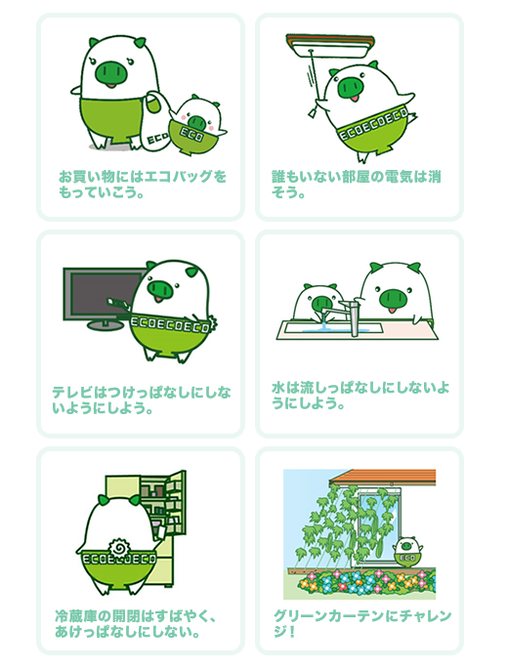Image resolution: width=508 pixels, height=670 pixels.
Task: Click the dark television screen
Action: coord(105,294)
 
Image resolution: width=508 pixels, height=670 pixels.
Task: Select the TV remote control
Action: coord(118,304)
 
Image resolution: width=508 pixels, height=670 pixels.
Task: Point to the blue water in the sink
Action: coord(323,328)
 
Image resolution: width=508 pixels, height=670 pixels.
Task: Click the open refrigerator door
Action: coord(176,502)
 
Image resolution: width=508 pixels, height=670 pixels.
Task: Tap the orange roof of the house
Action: coord(383,477)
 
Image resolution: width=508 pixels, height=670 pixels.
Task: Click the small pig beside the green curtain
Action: coord(407,551)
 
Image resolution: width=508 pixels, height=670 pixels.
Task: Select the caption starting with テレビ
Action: coord(142,400)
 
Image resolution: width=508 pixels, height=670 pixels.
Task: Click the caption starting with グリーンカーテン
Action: coord(362,623)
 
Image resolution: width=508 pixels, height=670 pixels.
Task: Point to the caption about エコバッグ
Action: coord(143,185)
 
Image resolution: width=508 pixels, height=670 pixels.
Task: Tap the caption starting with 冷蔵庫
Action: coord(135,623)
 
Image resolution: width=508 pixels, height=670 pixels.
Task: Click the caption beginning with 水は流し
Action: coord(360,396)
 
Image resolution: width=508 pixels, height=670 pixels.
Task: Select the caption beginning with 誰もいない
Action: coord(357,185)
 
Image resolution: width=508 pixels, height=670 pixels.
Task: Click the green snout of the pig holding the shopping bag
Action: coord(111,71)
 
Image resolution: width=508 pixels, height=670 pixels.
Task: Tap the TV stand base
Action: coord(105,325)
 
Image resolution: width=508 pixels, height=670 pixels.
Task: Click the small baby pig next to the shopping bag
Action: coord(196,125)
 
